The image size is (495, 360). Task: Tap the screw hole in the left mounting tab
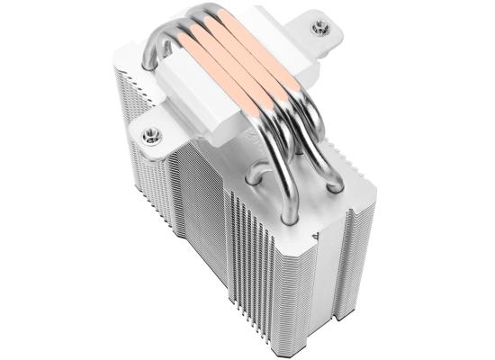point(148,137)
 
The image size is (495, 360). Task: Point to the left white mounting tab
point(155,135)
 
